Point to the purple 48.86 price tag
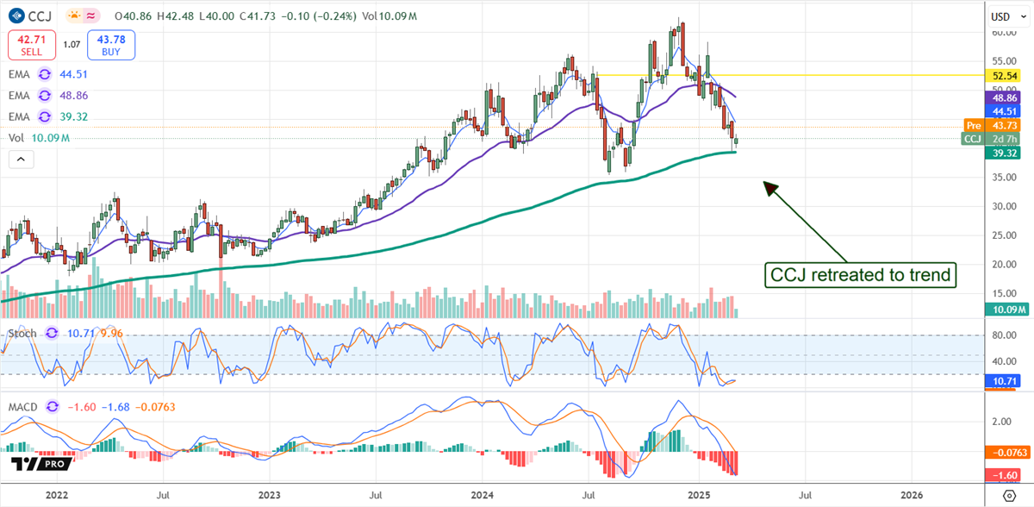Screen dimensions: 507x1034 (1006, 99)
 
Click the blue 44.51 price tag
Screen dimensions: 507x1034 (1006, 111)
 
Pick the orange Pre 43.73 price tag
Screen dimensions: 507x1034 (998, 126)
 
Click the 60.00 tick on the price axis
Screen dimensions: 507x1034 (1003, 32)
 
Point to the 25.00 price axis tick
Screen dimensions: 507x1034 (1003, 235)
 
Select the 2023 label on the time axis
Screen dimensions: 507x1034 (269, 495)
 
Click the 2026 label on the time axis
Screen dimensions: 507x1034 (912, 495)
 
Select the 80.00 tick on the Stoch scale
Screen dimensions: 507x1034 (1003, 335)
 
